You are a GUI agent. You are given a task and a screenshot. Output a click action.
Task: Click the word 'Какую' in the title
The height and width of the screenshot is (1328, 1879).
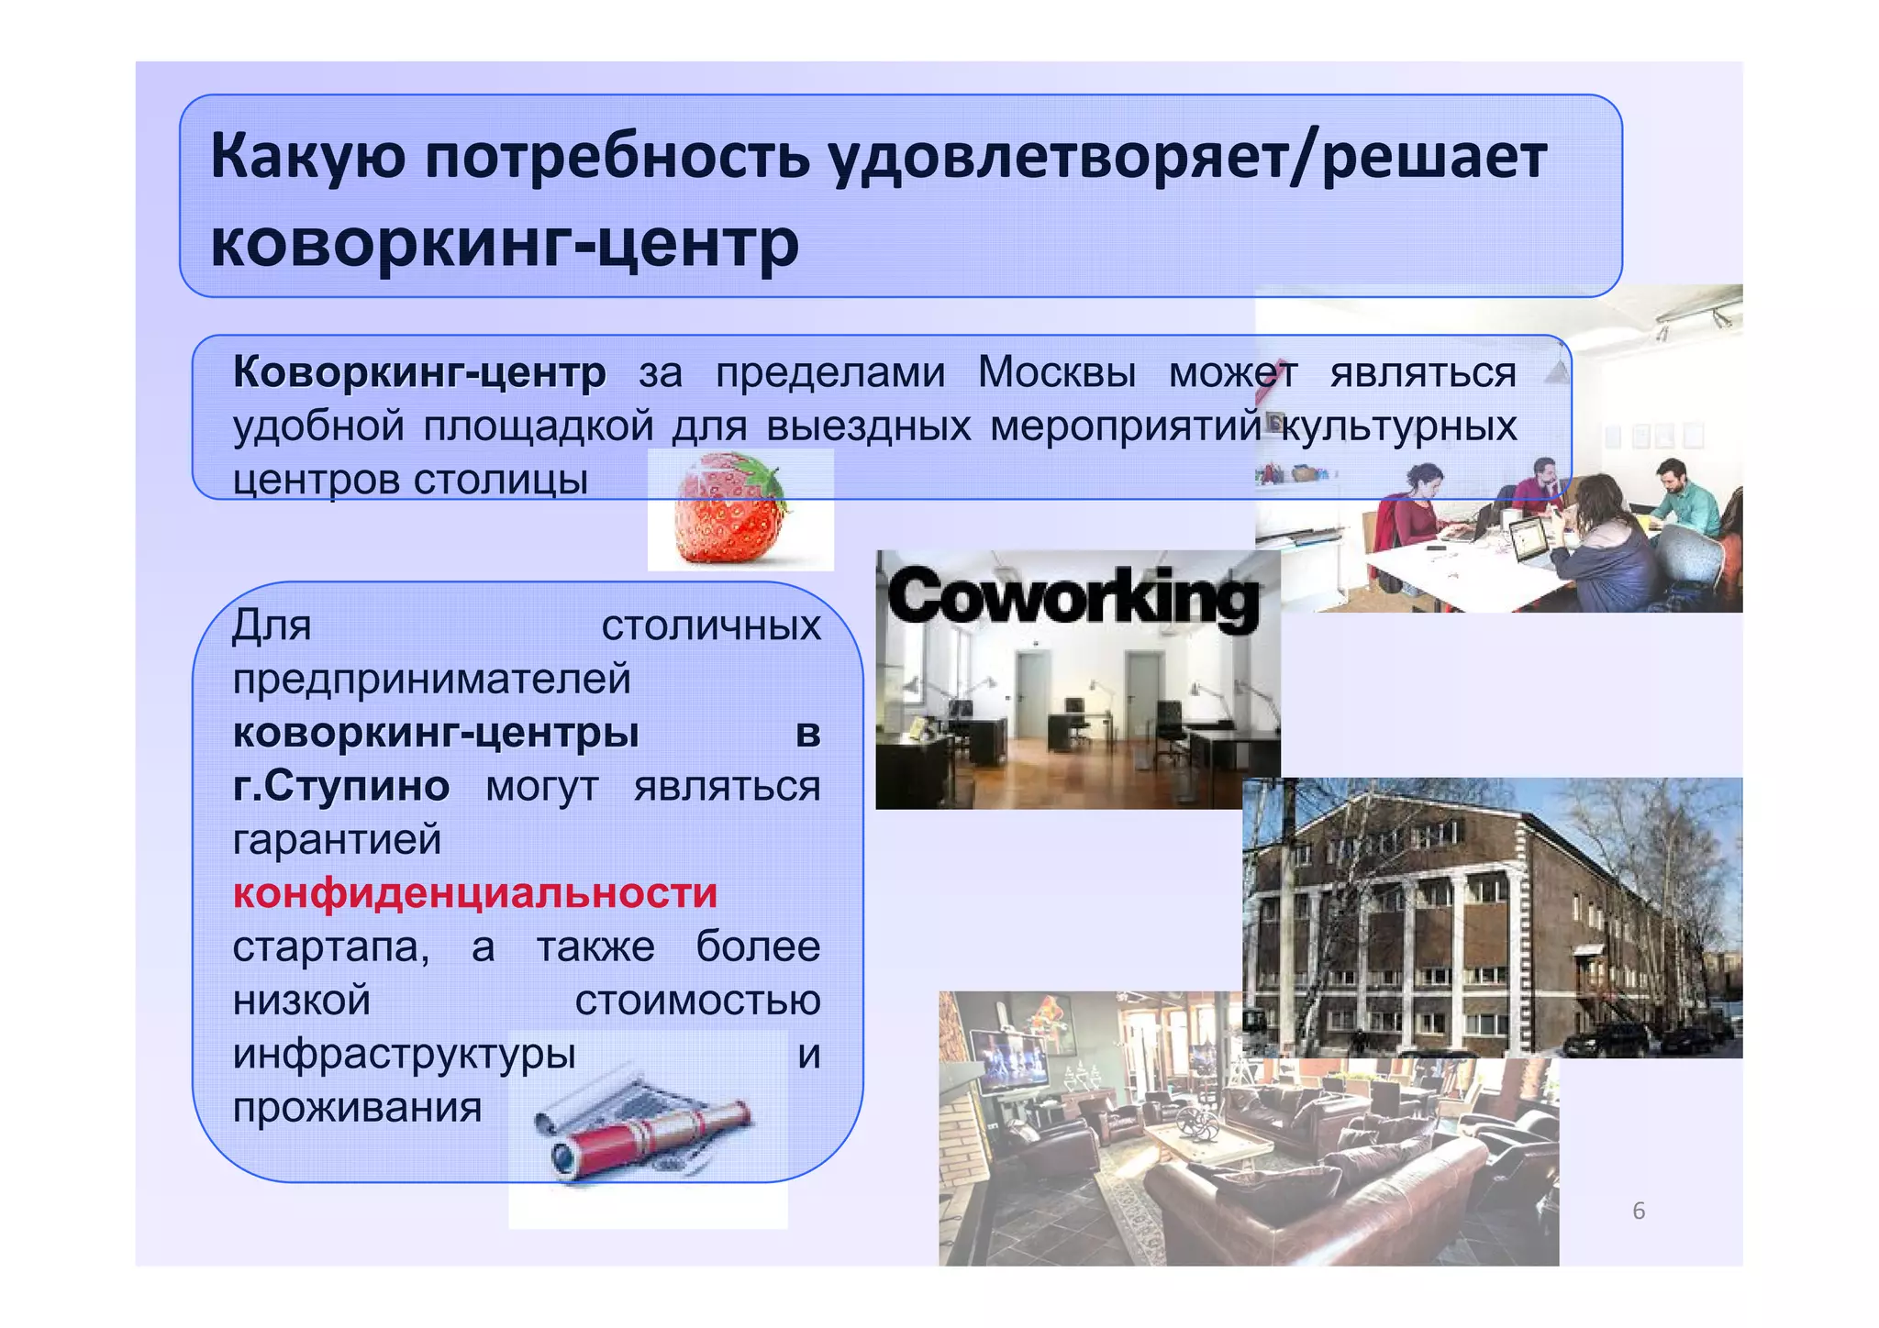tap(307, 156)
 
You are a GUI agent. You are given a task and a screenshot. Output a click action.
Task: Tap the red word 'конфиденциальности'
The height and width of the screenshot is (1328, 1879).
tap(474, 893)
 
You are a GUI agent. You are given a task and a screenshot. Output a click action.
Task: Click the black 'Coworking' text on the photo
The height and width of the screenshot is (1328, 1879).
tap(1073, 598)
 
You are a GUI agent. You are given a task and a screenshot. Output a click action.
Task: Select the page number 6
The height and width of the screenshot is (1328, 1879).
tap(1639, 1211)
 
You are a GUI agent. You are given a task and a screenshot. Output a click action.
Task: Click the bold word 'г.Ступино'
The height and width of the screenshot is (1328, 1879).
tap(340, 786)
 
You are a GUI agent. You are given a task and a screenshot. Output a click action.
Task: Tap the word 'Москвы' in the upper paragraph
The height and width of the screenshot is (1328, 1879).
tap(1056, 372)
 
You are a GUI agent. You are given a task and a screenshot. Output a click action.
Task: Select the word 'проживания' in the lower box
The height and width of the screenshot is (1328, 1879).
tap(357, 1108)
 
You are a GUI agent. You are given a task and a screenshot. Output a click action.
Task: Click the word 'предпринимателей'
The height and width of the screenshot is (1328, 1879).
tap(431, 680)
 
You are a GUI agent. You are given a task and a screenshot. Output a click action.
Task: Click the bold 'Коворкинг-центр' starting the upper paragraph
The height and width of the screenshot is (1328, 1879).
tap(419, 372)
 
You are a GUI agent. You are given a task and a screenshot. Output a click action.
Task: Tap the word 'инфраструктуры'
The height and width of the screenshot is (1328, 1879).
tap(404, 1054)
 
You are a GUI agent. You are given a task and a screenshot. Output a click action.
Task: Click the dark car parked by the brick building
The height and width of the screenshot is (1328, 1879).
tap(1610, 1039)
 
